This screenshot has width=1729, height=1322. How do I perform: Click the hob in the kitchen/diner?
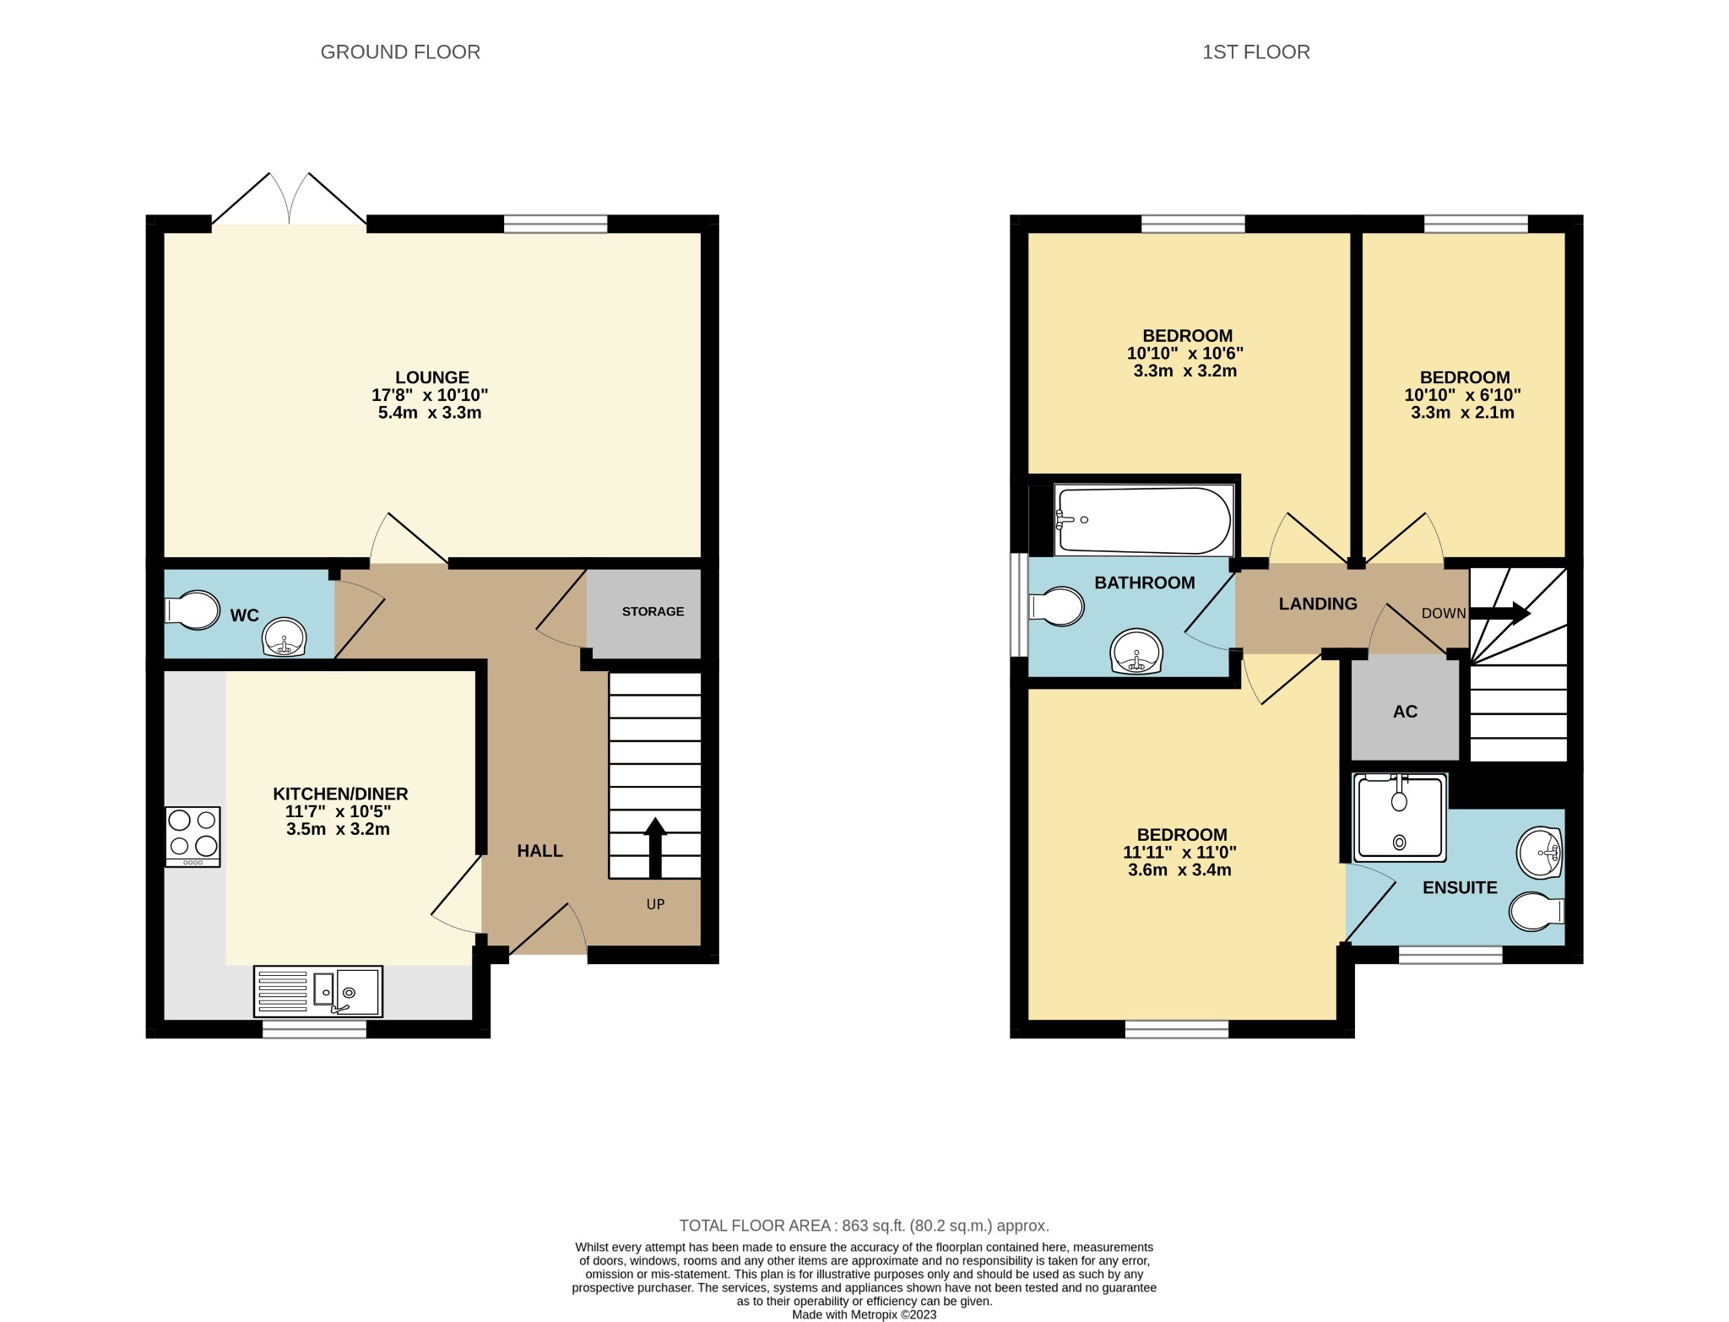pyautogui.click(x=193, y=837)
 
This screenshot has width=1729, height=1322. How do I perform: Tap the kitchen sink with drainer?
pyautogui.click(x=318, y=991)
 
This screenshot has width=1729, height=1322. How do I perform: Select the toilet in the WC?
pyautogui.click(x=193, y=610)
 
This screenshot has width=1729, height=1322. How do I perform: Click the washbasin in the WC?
pyautogui.click(x=285, y=637)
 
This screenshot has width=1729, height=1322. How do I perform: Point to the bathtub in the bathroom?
pyautogui.click(x=1144, y=520)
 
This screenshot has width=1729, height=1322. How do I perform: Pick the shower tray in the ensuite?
pyautogui.click(x=1401, y=817)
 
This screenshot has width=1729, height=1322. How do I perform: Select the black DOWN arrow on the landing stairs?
pyautogui.click(x=1500, y=613)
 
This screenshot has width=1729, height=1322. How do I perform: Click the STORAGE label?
pyautogui.click(x=653, y=611)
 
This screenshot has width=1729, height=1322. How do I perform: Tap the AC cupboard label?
pyautogui.click(x=1405, y=712)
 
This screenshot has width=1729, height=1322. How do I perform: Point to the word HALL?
pyautogui.click(x=539, y=851)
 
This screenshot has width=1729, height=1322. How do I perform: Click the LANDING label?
pyautogui.click(x=1318, y=604)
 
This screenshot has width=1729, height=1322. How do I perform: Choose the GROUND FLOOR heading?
pyautogui.click(x=400, y=52)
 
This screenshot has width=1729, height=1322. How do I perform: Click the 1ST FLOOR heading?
pyautogui.click(x=1256, y=52)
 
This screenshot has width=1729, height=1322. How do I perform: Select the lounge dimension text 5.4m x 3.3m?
pyautogui.click(x=430, y=413)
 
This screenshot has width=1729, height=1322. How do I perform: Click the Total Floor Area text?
pyautogui.click(x=864, y=1226)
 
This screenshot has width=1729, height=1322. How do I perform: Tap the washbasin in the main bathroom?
pyautogui.click(x=1137, y=653)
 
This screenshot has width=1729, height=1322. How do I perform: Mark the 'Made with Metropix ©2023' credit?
pyautogui.click(x=864, y=1314)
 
